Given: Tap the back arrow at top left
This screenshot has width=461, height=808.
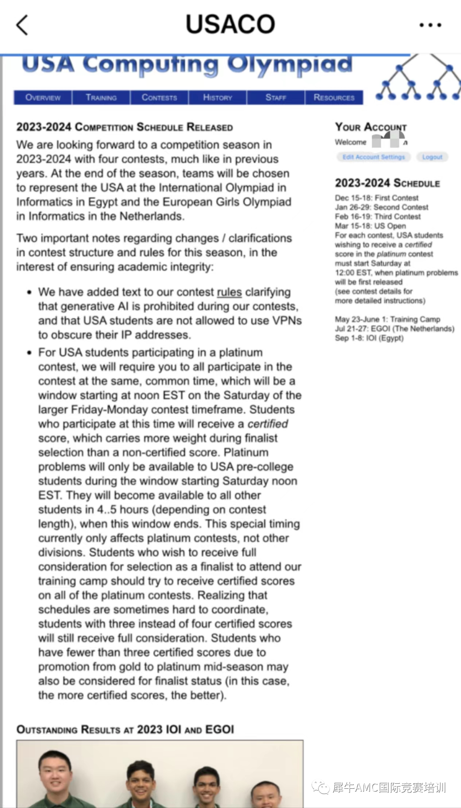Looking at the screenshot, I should click(22, 25).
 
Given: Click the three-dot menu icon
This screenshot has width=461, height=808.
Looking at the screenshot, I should click(430, 25).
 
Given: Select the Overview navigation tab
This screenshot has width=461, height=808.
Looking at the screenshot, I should click(43, 98).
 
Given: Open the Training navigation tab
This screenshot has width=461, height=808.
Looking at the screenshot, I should click(101, 98).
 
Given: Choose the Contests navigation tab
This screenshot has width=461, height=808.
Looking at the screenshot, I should click(159, 98).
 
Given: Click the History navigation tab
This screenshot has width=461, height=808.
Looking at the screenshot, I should click(218, 98).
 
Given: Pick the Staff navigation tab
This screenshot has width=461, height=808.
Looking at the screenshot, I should click(276, 98).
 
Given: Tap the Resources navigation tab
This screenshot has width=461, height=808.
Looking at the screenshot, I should click(334, 98).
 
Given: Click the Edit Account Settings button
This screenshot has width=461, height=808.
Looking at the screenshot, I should click(373, 157).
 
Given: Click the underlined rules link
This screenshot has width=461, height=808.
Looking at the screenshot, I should click(229, 292).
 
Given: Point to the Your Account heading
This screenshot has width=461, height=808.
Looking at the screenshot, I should click(371, 127).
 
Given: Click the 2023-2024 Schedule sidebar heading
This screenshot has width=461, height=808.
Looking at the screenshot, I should click(387, 183).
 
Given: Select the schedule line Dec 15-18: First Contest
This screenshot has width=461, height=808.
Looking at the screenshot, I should click(376, 198).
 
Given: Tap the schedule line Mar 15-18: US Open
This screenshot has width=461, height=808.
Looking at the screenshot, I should click(370, 226).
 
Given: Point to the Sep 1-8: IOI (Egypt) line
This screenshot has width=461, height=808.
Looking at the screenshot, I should click(369, 338).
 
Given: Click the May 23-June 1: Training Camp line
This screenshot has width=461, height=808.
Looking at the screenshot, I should click(387, 320).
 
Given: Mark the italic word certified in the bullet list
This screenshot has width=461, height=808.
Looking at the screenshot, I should click(268, 424).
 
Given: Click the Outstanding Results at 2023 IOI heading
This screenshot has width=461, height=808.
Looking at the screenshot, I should click(125, 730).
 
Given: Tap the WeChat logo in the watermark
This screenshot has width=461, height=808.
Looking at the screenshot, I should click(321, 787).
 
